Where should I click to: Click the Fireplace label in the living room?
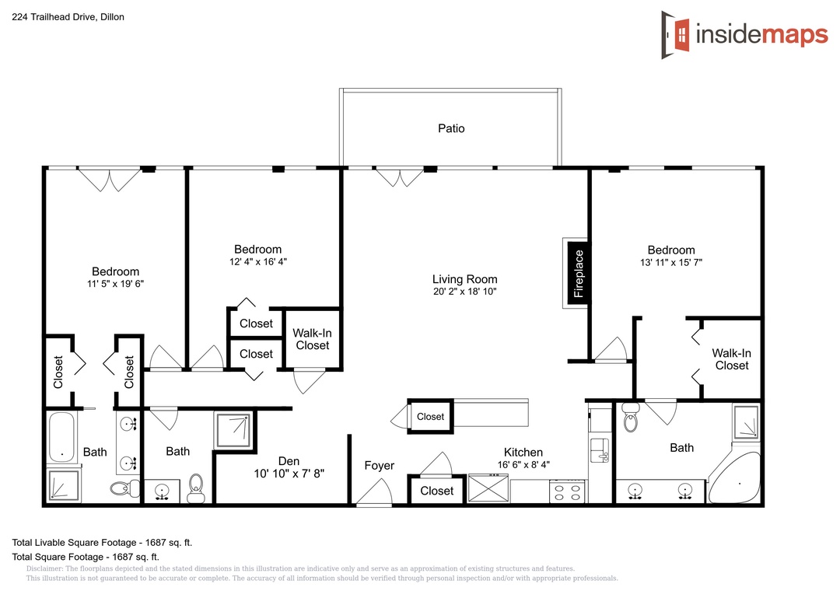point(579,273)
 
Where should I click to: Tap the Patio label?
point(451,128)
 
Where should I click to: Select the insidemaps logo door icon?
point(676,35)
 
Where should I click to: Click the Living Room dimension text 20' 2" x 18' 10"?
point(465,292)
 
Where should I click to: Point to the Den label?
point(289,461)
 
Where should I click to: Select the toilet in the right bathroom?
point(631,417)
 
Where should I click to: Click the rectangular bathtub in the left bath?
point(61,437)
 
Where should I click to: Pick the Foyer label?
point(380,466)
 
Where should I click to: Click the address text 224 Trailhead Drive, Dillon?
point(68,17)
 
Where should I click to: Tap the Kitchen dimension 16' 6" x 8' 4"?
point(523,464)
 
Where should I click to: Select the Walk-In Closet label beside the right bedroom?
point(731,359)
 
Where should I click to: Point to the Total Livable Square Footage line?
point(102,543)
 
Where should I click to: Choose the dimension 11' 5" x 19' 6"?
point(116,284)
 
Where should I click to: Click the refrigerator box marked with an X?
point(488,488)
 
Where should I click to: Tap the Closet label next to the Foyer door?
point(436,491)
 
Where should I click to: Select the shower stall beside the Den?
point(233,430)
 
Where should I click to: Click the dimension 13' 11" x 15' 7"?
point(671,263)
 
